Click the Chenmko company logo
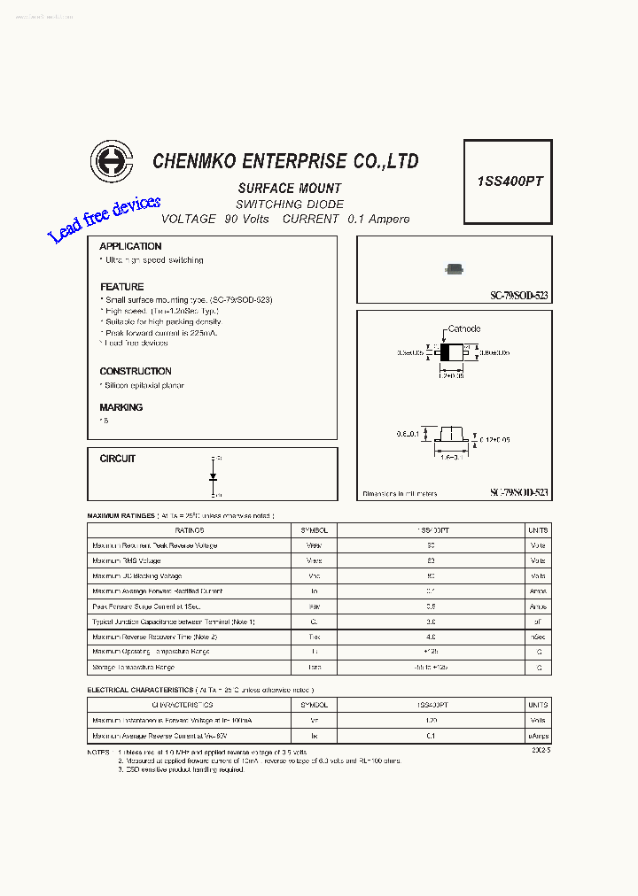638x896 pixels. click(112, 162)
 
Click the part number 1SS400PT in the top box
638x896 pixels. click(510, 181)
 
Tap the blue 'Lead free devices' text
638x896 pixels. click(104, 220)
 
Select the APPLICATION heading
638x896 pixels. click(130, 246)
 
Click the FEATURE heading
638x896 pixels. click(121, 287)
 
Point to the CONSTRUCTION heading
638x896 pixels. click(136, 371)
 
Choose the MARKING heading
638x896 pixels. click(121, 407)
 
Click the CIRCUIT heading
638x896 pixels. click(118, 459)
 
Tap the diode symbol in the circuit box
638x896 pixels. click(214, 476)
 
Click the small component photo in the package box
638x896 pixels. click(455, 268)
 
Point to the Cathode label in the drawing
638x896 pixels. click(463, 328)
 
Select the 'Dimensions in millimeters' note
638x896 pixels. click(400, 494)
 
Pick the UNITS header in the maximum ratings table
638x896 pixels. click(538, 530)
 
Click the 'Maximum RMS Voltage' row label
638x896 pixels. click(127, 560)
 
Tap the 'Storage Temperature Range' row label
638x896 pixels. click(134, 667)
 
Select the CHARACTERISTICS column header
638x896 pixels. click(183, 705)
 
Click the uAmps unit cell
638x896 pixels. click(538, 736)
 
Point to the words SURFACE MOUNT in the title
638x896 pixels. click(290, 189)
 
